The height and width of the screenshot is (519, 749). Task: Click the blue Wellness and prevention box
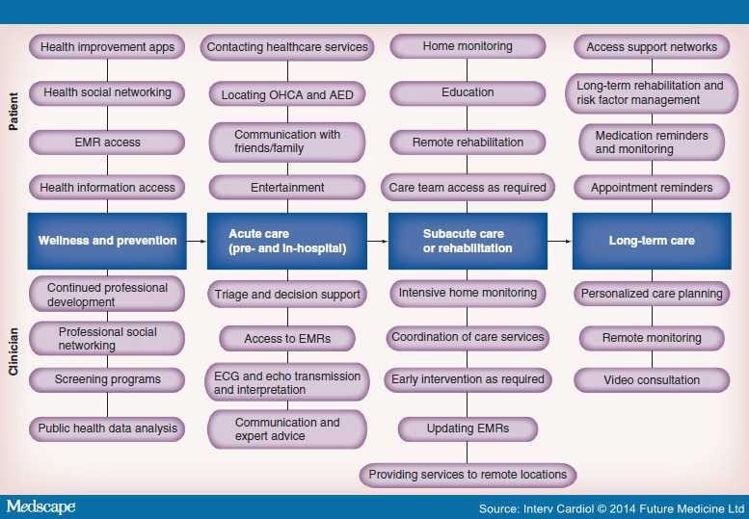point(107,241)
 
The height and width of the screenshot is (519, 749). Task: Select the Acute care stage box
point(287,241)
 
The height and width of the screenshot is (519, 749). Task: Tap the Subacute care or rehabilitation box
point(468,241)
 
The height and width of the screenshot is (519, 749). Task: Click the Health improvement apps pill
point(106,46)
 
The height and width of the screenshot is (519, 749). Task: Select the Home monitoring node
point(468,46)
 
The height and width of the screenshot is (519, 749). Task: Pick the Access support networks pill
point(652,46)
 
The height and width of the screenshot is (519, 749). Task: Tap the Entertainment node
point(287,188)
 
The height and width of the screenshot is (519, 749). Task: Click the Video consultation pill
point(652,380)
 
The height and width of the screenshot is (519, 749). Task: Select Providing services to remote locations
point(468,475)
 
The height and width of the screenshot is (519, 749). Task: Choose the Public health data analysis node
point(106,428)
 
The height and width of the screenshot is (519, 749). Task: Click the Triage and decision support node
point(287,295)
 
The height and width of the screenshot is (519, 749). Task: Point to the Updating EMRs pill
point(468,428)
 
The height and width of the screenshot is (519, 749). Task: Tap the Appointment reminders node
point(652,188)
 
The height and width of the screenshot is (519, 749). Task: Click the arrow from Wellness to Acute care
point(196,241)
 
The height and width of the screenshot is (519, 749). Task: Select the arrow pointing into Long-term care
point(558,241)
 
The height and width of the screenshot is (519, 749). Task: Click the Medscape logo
point(40,506)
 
